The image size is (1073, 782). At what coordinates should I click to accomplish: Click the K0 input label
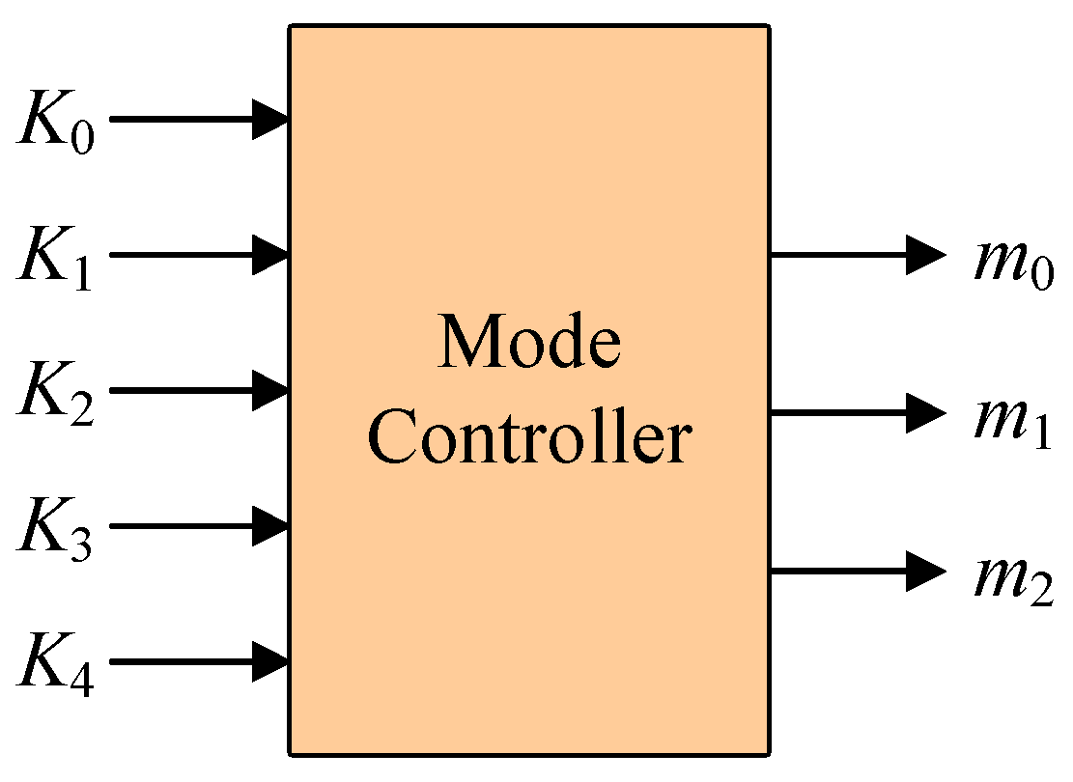click(x=56, y=123)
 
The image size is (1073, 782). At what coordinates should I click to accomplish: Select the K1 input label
click(x=56, y=258)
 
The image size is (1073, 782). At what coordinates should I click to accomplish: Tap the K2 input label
click(x=56, y=394)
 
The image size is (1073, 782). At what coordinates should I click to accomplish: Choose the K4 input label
click(x=56, y=665)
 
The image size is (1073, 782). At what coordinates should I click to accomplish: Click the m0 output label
click(x=1013, y=261)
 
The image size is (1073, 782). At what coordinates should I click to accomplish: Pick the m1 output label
click(x=1013, y=419)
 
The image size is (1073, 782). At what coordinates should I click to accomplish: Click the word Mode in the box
click(x=529, y=343)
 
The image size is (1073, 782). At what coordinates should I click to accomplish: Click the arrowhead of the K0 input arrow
click(x=271, y=119)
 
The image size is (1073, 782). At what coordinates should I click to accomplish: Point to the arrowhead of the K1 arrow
click(x=271, y=255)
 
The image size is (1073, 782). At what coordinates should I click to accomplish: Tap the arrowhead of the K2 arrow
click(x=271, y=390)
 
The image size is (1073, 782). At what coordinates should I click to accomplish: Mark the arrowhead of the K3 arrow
click(x=271, y=526)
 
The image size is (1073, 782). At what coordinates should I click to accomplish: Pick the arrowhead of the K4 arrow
click(x=271, y=662)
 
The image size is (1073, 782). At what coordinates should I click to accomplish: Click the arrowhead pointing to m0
click(x=924, y=255)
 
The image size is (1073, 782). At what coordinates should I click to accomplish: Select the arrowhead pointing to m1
click(x=924, y=413)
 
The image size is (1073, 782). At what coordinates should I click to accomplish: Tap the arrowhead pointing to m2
click(x=924, y=572)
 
